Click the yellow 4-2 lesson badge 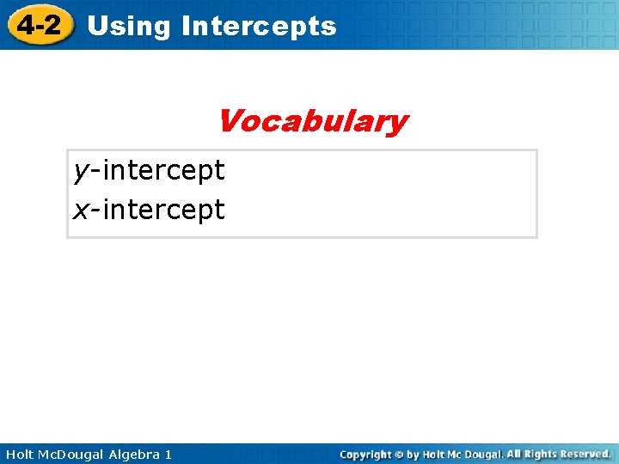click(39, 25)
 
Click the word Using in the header click(129, 27)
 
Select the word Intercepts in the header click(259, 27)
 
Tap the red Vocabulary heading click(312, 121)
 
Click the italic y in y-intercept click(81, 172)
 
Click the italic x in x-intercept click(81, 210)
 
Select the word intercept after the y click(163, 171)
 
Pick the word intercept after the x click(163, 210)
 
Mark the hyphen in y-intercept click(95, 172)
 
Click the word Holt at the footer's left click(20, 454)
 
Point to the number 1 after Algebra click(168, 454)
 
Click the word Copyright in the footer click(366, 454)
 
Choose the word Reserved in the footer click(585, 453)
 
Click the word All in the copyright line click(514, 453)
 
